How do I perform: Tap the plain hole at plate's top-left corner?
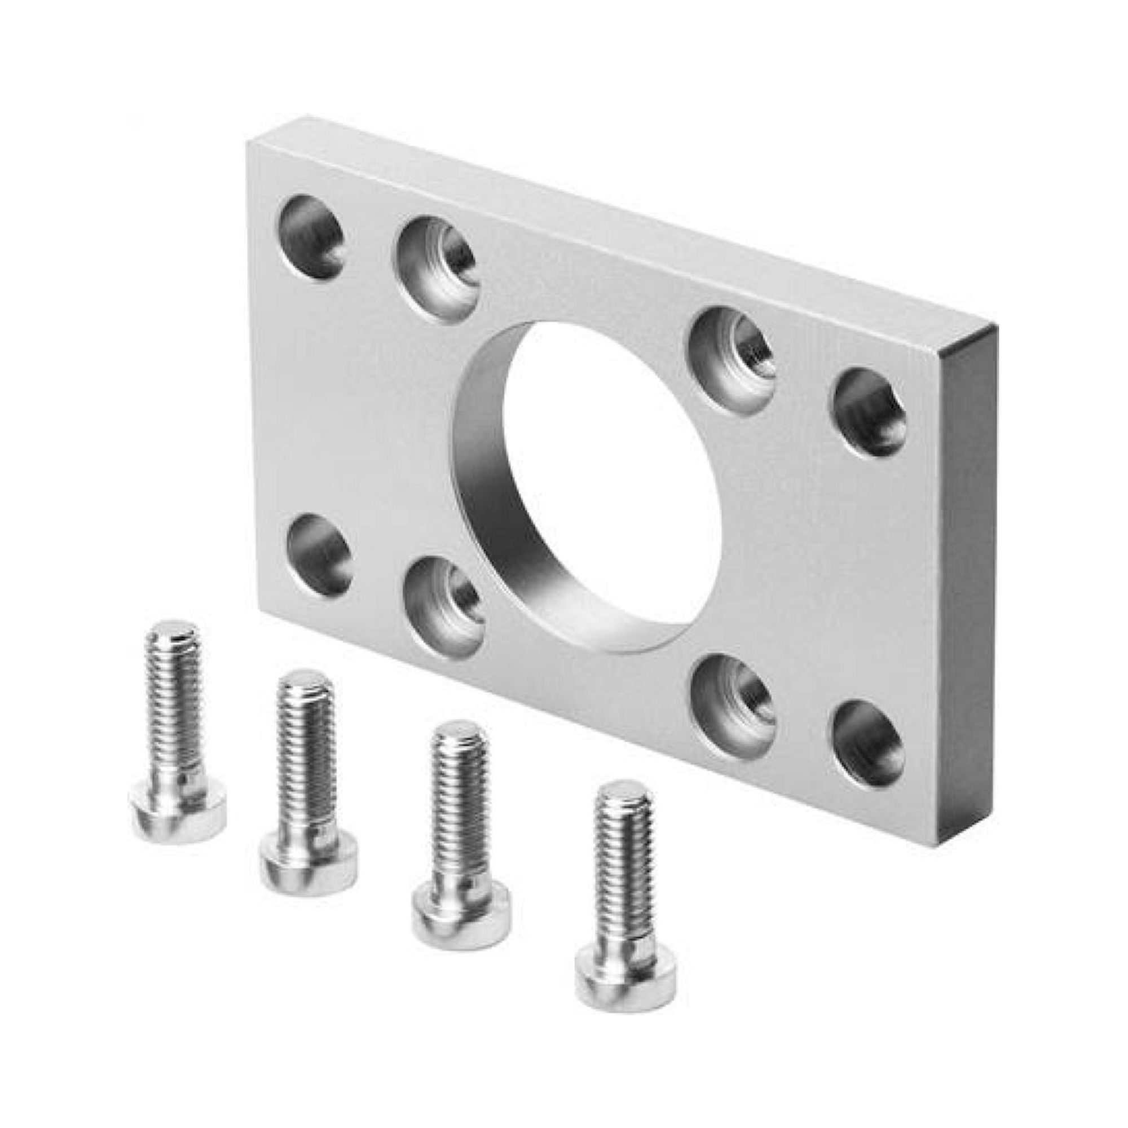[x=310, y=239]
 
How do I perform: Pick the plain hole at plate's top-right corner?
[x=870, y=412]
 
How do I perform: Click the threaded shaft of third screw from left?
[x=459, y=817]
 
